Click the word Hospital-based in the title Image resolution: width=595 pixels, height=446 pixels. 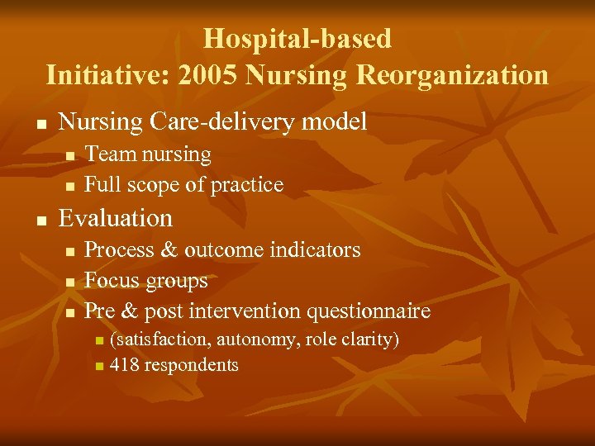[x=297, y=39]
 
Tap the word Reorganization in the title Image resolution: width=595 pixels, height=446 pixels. [x=452, y=75]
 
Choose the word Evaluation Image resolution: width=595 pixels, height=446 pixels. [x=116, y=218]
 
